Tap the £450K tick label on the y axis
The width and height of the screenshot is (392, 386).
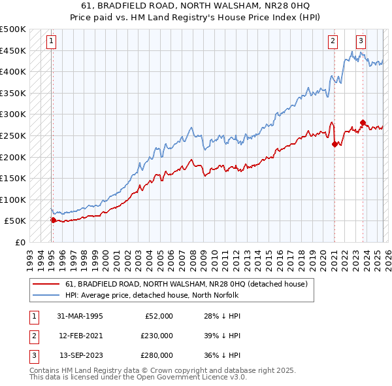(x=13, y=50)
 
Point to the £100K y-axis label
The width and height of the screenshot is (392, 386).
(x=13, y=200)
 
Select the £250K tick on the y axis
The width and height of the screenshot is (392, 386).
(x=13, y=135)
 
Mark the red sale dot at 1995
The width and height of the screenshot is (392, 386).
(x=54, y=220)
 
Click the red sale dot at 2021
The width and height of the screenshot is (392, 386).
(x=335, y=144)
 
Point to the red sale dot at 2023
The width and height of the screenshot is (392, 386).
(x=363, y=122)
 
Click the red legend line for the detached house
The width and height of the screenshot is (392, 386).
(x=46, y=284)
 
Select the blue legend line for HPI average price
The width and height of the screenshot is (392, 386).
(x=46, y=295)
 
